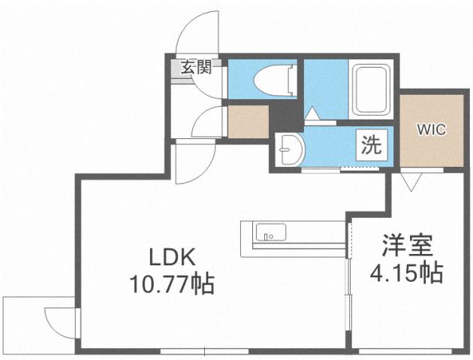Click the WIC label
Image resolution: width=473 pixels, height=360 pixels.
[x=431, y=129]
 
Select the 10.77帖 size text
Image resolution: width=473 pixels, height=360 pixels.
[x=171, y=285]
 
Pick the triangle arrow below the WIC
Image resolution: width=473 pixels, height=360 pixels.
[x=410, y=180]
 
